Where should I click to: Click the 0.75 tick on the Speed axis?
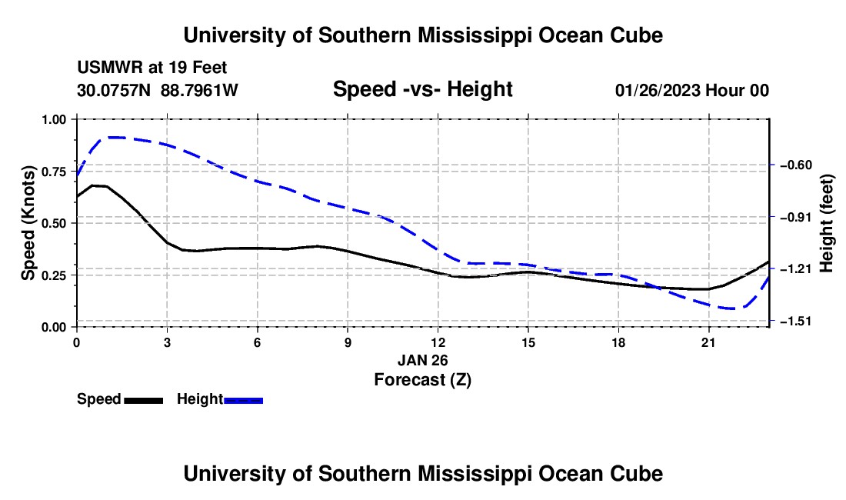(75, 171)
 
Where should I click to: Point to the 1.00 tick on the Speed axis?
(75, 119)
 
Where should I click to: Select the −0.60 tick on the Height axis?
(771, 165)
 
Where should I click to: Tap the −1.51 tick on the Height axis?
(771, 321)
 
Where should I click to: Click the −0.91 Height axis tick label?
(796, 217)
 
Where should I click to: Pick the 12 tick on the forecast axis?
(438, 329)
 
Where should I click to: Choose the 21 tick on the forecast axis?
(708, 329)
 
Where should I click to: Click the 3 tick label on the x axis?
(167, 343)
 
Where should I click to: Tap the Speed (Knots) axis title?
(28, 223)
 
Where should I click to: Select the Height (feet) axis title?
(826, 223)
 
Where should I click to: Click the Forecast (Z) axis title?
(423, 380)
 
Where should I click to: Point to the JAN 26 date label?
(423, 360)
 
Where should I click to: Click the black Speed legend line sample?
(144, 400)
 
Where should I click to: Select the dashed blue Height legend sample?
(243, 400)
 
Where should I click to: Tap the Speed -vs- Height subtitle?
(423, 89)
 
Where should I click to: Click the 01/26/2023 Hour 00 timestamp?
(692, 90)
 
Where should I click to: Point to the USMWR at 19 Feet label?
(152, 68)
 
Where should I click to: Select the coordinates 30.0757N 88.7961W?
(158, 90)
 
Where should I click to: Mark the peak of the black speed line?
(93, 185)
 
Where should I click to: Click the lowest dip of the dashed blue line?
(732, 308)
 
